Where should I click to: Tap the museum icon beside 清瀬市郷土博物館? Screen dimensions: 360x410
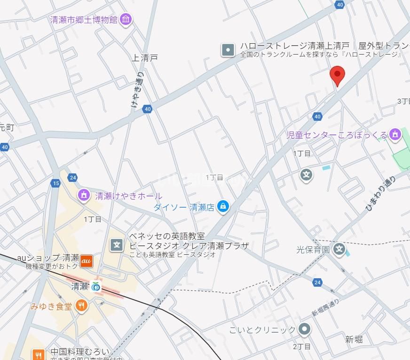tap(126, 19)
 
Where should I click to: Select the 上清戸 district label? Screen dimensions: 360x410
tap(144, 58)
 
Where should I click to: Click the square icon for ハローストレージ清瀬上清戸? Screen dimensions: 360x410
tap(228, 49)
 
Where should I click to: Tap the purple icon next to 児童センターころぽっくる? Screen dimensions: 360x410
tap(396, 135)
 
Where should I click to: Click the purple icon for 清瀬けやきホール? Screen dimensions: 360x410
tap(84, 194)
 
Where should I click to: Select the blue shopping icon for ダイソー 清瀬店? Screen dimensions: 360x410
tap(223, 206)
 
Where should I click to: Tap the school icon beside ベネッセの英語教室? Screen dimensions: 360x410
tap(117, 244)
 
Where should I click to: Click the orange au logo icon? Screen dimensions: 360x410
tap(86, 260)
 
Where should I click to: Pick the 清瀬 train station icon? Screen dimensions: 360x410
tap(96, 286)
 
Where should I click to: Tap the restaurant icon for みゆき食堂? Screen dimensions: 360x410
tap(81, 306)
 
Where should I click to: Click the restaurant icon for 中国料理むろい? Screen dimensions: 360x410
tap(39, 353)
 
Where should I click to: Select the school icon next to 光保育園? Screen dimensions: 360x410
tap(339, 249)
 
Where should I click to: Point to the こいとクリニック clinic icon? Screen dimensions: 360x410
tap(305, 329)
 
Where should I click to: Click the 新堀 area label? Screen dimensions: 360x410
tap(354, 339)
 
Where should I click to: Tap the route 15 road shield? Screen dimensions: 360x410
tap(56, 183)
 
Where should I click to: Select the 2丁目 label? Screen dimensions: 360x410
tap(301, 346)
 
